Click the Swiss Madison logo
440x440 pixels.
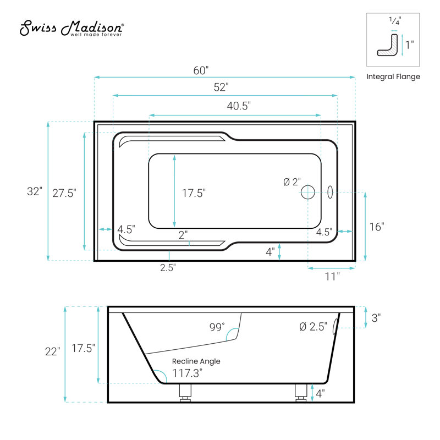pyautogui.click(x=71, y=28)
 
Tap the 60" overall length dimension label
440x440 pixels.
pyautogui.click(x=201, y=70)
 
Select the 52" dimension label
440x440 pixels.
pyautogui.click(x=221, y=87)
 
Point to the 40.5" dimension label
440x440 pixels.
pyautogui.click(x=239, y=106)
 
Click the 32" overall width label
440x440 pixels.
pyautogui.click(x=35, y=191)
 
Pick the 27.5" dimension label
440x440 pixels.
pyautogui.click(x=64, y=194)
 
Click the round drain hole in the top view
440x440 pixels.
pyautogui.click(x=308, y=192)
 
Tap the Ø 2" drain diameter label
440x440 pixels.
pyautogui.click(x=292, y=182)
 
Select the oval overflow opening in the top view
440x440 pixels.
pyautogui.click(x=331, y=192)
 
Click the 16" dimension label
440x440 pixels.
pyautogui.click(x=377, y=227)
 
